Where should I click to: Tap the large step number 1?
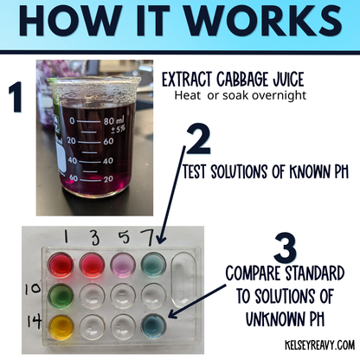click(16, 99)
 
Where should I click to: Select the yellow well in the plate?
click(61, 325)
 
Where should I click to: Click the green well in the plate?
click(61, 293)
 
